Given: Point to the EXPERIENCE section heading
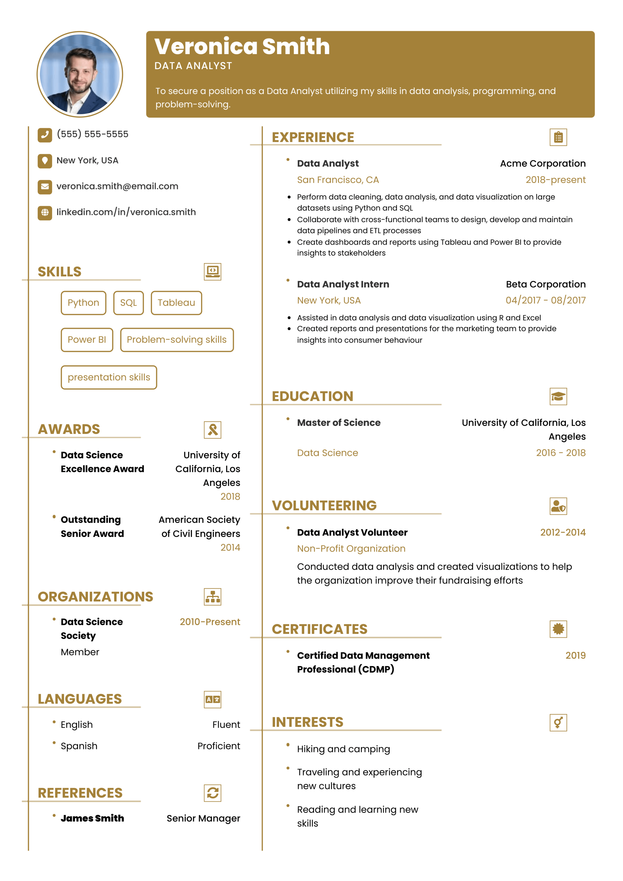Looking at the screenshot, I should [x=313, y=137].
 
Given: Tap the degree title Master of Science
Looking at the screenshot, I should [x=339, y=423].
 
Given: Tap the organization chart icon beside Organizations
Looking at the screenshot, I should [x=212, y=597].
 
